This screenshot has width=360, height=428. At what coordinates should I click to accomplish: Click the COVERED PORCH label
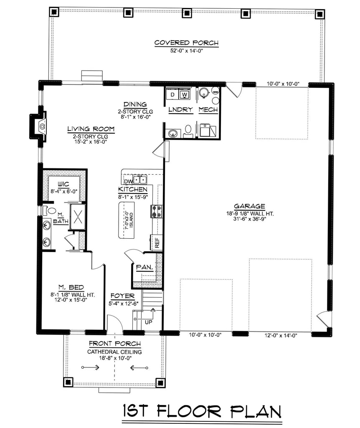186,43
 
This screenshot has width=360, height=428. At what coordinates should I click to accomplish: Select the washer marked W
184,95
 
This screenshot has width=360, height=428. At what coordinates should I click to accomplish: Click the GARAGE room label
249,206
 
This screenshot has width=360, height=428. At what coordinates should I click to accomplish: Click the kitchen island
127,219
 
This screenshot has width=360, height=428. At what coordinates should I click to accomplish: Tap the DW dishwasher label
128,181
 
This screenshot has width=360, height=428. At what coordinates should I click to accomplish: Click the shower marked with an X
77,217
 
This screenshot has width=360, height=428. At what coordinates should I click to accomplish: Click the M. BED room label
71,287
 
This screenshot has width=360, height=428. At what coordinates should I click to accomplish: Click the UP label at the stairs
148,322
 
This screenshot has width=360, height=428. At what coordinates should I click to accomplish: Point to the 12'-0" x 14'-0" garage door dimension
281,335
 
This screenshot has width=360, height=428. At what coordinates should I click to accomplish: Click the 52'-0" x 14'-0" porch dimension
186,51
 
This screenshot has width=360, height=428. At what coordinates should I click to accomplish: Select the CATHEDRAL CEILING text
114,352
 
